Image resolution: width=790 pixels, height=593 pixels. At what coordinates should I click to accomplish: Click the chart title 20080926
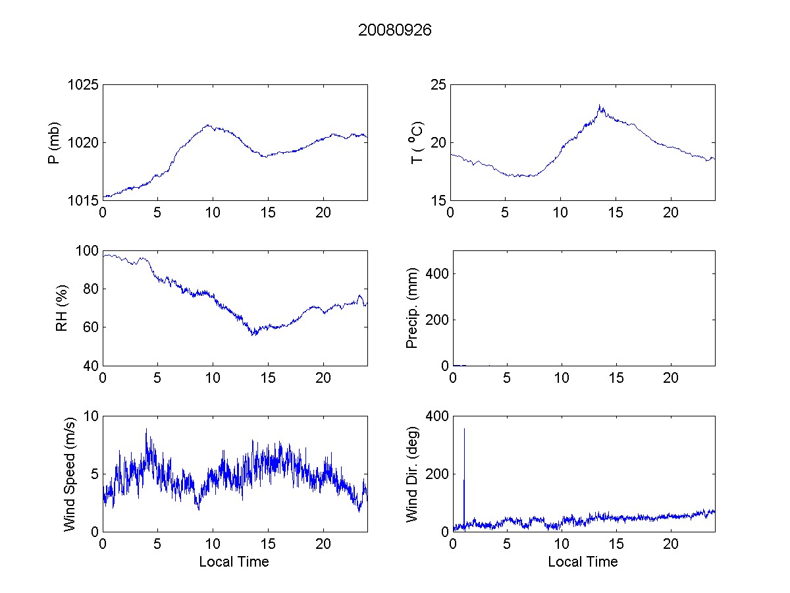pos(394,30)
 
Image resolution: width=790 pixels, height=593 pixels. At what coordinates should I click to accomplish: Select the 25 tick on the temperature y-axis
pos(438,85)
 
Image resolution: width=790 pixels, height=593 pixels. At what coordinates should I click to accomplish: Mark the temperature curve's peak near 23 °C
pos(600,105)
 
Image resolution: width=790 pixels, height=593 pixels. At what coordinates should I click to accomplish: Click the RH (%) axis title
pos(62,308)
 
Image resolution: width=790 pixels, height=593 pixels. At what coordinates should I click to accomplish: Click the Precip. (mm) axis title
pos(413,308)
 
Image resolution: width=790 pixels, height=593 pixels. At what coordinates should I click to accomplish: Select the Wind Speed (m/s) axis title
pos(70,474)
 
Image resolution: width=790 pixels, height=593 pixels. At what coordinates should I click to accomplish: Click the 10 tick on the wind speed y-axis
pos(91,416)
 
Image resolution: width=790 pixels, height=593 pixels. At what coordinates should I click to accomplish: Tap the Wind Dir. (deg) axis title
pos(413,474)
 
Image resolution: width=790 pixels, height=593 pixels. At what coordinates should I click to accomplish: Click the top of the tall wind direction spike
pos(464,429)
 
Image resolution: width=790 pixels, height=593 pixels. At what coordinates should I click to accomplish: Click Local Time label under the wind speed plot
pos(234,562)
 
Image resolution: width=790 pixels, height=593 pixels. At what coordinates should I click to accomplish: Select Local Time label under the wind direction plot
pos(583,562)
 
